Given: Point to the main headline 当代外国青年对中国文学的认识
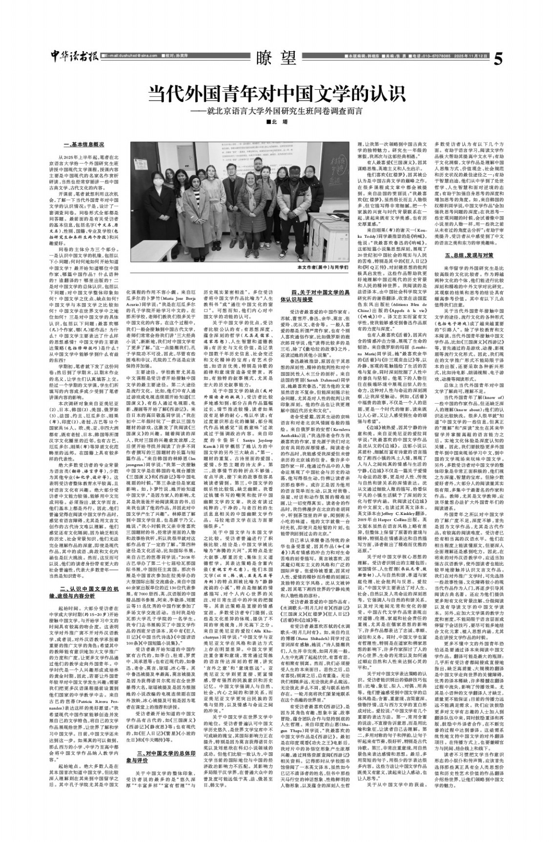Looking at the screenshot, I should pyautogui.click(x=277, y=93).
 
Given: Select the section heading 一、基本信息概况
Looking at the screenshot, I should pyautogui.click(x=84, y=145).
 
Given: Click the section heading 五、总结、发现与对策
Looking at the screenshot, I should pyautogui.click(x=461, y=255).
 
